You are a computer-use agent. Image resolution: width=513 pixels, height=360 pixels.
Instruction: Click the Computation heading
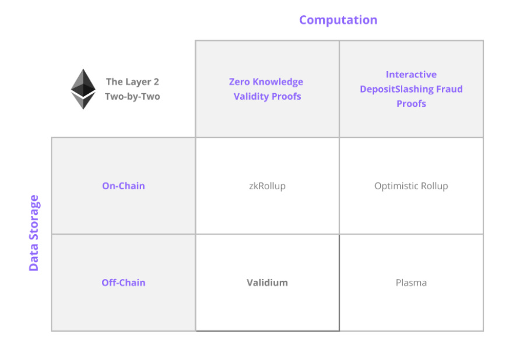coord(338,20)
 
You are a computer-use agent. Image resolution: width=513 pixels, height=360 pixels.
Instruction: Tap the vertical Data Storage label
coord(34,233)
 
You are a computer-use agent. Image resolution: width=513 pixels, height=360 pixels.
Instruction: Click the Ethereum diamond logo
coord(83,89)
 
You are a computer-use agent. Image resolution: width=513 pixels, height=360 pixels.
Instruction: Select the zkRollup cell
coord(267,186)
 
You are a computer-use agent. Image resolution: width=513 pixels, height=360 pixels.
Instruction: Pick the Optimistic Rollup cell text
coord(411,186)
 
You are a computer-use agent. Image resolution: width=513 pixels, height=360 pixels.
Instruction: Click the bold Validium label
coord(267,283)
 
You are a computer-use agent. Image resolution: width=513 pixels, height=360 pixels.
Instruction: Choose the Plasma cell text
coord(411,283)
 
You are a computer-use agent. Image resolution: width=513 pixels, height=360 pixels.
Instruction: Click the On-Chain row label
coord(123,186)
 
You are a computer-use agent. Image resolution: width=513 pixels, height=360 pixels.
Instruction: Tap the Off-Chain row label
coord(123,283)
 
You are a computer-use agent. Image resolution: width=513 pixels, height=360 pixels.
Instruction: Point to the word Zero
coord(240,82)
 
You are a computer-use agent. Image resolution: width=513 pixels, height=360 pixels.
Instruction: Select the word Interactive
coord(411,75)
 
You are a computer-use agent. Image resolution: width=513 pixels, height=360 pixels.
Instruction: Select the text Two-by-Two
coord(132,97)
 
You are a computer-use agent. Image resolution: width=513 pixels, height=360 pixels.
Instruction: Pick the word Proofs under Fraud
coord(411,104)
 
